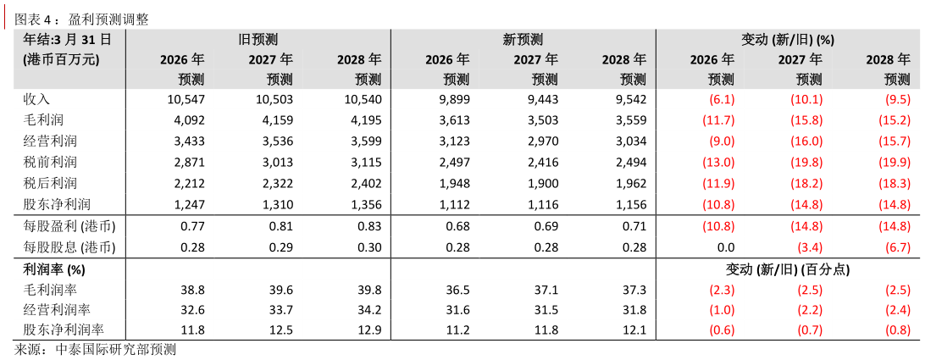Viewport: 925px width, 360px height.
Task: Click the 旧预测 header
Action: click(x=258, y=39)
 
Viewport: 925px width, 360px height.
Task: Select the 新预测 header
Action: click(x=523, y=39)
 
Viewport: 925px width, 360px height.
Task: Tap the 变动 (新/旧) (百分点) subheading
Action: click(x=788, y=269)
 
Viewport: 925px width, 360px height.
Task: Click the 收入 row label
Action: click(x=37, y=99)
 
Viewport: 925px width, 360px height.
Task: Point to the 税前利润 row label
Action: click(x=50, y=162)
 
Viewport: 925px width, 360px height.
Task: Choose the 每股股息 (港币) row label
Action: click(x=69, y=247)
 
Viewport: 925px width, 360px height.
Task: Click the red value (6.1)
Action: click(x=717, y=99)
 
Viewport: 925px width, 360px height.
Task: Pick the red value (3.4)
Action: click(x=807, y=247)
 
